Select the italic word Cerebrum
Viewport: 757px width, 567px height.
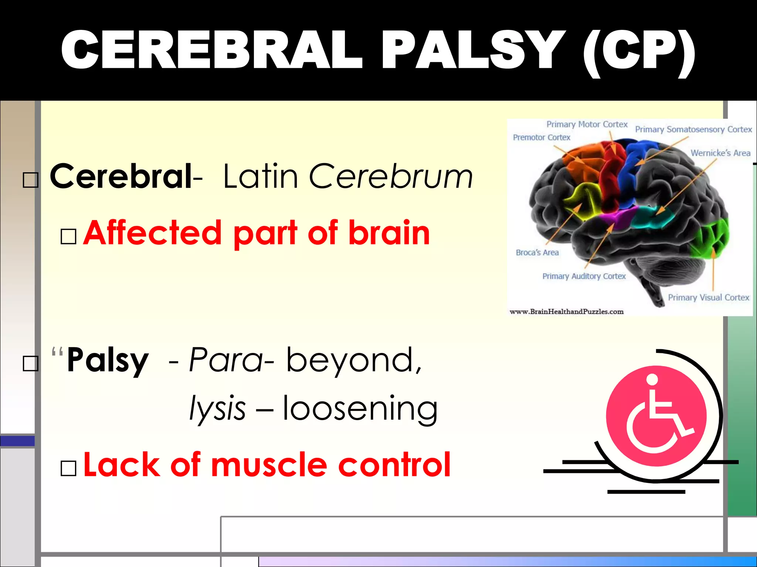tap(391, 176)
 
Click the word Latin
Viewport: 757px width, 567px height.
tap(261, 176)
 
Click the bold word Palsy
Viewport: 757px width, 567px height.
tap(108, 360)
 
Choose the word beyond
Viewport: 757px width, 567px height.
tap(354, 360)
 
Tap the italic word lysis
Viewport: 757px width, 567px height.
tap(217, 408)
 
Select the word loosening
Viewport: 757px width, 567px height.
tap(360, 408)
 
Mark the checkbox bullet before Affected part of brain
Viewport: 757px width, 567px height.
tap(68, 236)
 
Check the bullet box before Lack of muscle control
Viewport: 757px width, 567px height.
tap(68, 468)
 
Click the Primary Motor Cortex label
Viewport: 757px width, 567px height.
tap(587, 124)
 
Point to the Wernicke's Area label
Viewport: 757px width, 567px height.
tap(720, 153)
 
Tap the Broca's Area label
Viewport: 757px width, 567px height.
tap(537, 252)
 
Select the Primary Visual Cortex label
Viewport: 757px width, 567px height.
tap(708, 298)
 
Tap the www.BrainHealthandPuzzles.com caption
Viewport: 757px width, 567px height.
tap(566, 312)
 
